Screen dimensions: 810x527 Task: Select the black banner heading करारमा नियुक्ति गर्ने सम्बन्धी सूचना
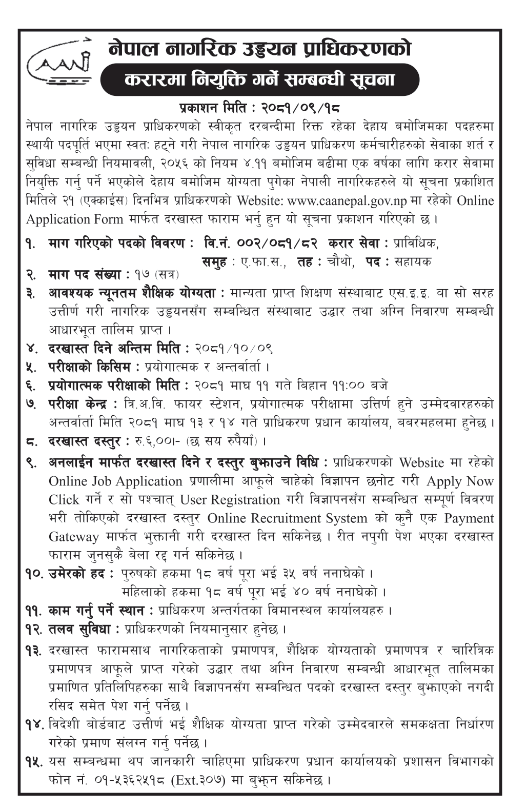coord(260,80)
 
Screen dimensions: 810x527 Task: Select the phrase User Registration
coord(230,500)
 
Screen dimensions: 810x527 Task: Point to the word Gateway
coord(74,537)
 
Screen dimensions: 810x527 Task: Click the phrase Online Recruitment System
coord(287,518)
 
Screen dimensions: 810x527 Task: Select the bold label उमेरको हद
coord(76,574)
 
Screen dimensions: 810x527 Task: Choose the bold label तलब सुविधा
coord(84,629)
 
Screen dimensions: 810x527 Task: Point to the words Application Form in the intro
coord(74,219)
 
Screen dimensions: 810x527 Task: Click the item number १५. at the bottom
coord(34,762)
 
